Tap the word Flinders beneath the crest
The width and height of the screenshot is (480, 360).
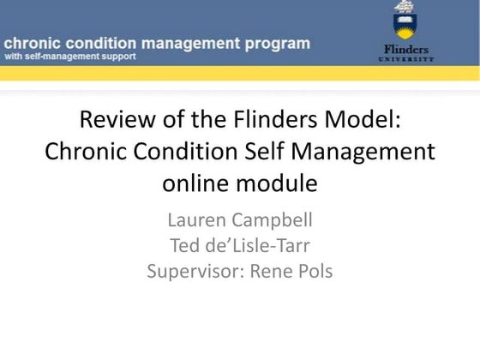(406, 49)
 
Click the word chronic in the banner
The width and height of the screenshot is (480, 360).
(32, 43)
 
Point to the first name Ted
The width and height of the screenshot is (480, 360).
(185, 245)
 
